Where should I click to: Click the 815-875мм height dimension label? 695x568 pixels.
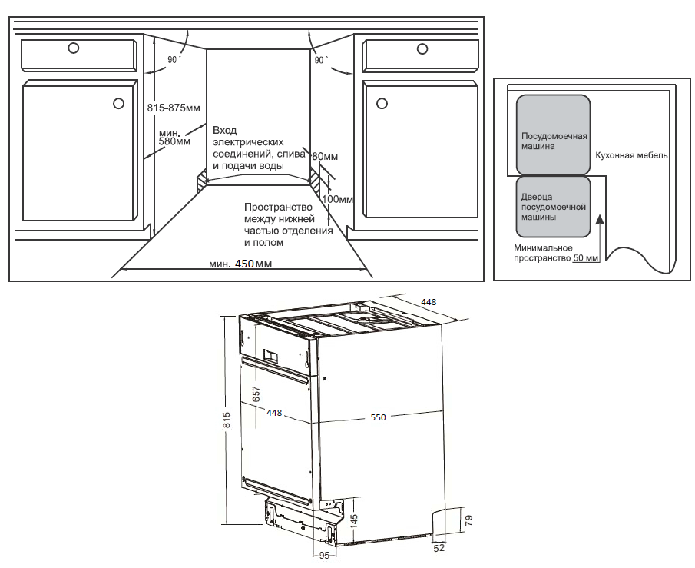tap(174, 108)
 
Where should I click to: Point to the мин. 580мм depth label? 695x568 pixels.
tap(174, 137)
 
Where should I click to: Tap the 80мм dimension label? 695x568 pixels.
tap(325, 156)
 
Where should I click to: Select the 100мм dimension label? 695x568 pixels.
tap(337, 199)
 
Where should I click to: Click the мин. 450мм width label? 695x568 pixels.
tap(240, 264)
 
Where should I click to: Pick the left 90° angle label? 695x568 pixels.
tap(174, 59)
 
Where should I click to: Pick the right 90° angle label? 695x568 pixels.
tap(321, 59)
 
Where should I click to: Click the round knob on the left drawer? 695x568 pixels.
tap(74, 48)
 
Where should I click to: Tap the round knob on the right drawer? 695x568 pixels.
tap(422, 48)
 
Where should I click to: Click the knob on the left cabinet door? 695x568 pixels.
tap(118, 104)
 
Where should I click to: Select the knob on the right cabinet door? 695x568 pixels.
tap(382, 104)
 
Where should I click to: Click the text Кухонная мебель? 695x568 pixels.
tap(631, 155)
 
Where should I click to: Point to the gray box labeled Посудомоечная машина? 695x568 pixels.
tap(553, 135)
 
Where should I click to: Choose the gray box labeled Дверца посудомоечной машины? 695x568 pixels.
tap(553, 207)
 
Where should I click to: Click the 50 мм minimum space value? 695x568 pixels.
tap(586, 257)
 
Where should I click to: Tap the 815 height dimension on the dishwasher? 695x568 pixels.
tap(227, 420)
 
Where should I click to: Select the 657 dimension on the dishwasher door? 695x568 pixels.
tap(256, 394)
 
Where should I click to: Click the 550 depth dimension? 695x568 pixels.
tap(378, 417)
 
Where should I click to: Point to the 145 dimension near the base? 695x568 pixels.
tap(354, 521)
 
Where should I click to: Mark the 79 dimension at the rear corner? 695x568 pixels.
tap(469, 520)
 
